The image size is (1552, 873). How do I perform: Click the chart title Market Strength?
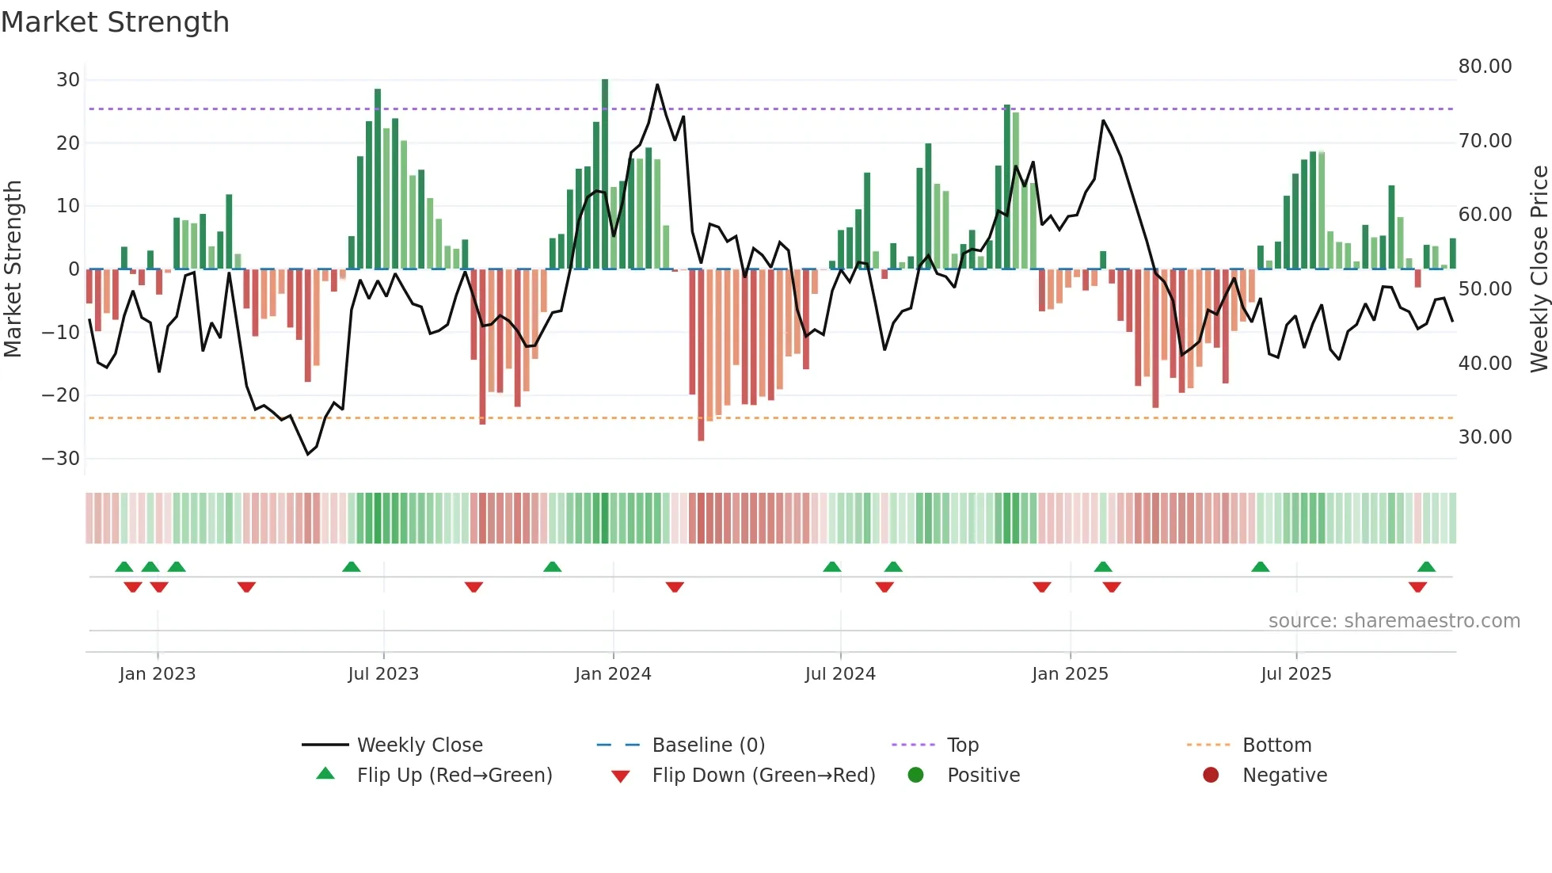click(115, 22)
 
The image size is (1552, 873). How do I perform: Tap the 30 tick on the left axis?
click(68, 80)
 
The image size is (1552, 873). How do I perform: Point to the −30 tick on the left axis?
click(61, 459)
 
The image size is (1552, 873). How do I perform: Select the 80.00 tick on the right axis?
click(1485, 67)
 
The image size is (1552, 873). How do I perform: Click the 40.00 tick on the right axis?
click(1485, 364)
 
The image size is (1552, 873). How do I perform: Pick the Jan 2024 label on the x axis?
click(613, 674)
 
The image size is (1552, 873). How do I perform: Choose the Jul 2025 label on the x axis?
click(1295, 674)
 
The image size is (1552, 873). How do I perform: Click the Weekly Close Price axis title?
click(1539, 269)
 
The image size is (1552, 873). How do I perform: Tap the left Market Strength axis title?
click(13, 269)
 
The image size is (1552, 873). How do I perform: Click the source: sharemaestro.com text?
click(1394, 621)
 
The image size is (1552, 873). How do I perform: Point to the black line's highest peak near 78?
click(657, 85)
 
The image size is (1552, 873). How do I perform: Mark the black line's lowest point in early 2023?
click(308, 454)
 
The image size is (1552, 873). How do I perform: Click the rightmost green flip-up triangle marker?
click(1426, 566)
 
